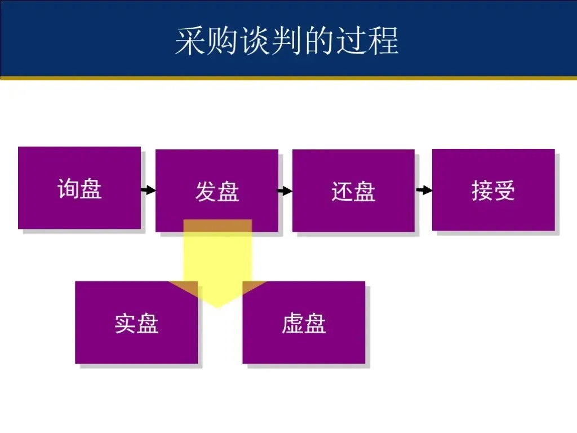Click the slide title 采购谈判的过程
(287, 41)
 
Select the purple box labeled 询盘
(79, 188)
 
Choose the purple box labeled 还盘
(353, 191)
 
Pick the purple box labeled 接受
(493, 190)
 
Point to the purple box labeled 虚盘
(304, 322)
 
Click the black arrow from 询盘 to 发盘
(148, 191)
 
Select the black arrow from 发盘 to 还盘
(285, 191)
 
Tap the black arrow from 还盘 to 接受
(424, 191)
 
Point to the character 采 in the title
(188, 41)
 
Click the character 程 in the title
(385, 41)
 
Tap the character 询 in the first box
(68, 188)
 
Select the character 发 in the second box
(206, 192)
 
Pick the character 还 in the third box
(342, 192)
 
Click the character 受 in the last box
(505, 191)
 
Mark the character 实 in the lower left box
(125, 324)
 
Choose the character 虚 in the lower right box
(292, 324)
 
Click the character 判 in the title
(287, 41)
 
